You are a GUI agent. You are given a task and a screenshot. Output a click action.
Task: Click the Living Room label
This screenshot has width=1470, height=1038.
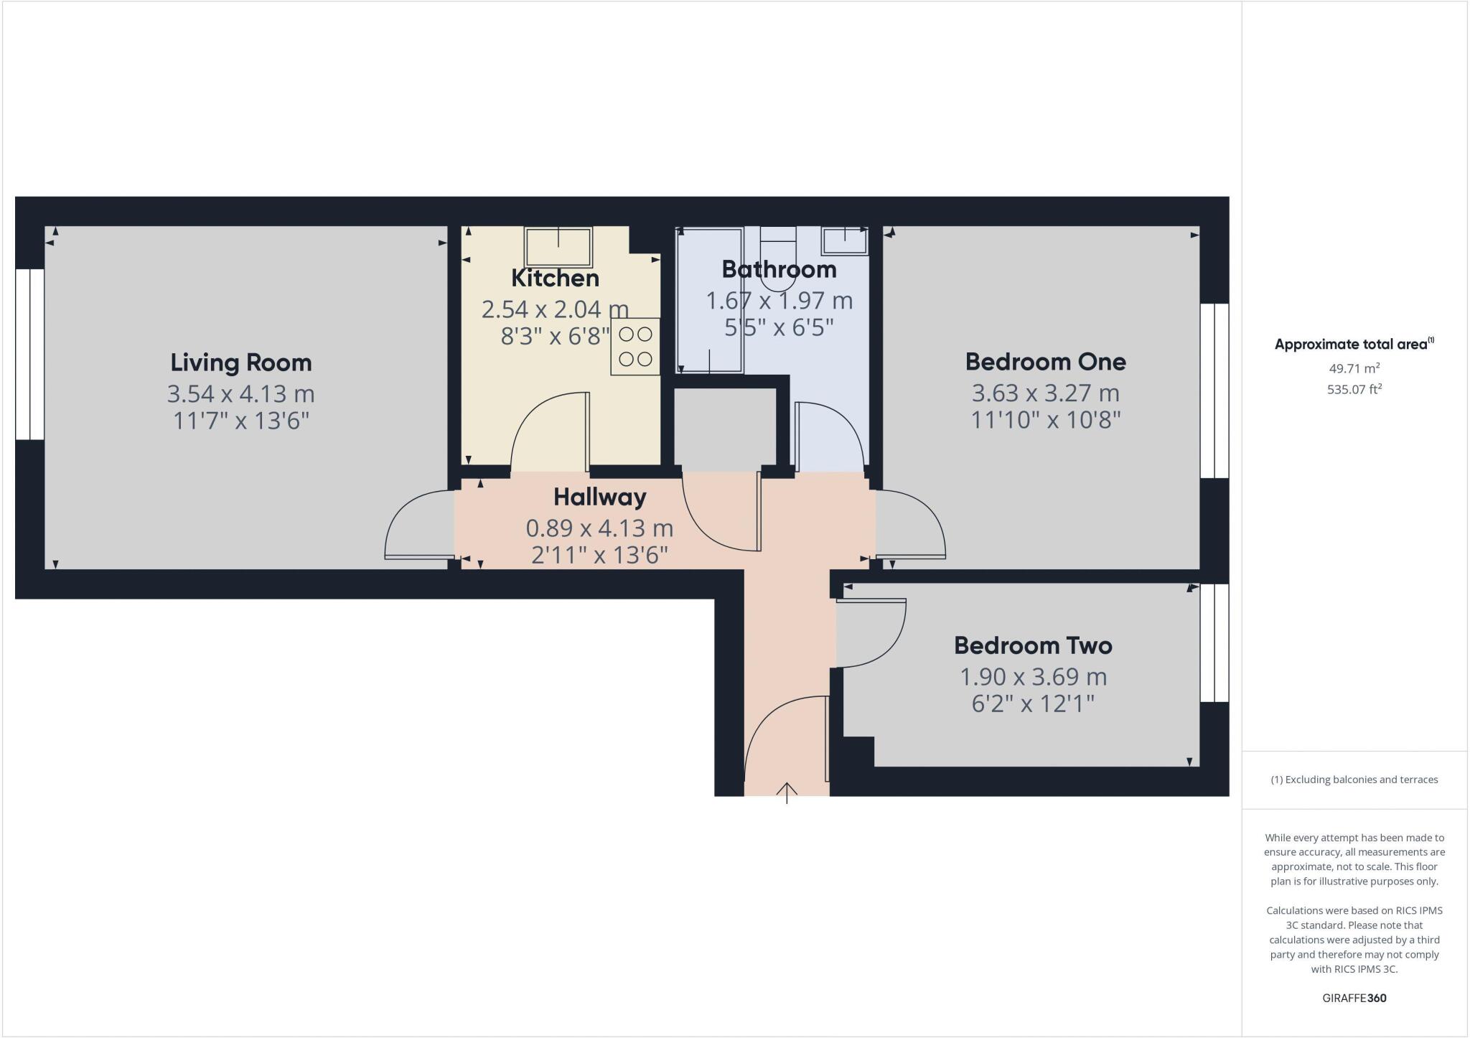pos(241,363)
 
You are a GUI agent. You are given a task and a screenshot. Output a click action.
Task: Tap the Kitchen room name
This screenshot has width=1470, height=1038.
pos(555,278)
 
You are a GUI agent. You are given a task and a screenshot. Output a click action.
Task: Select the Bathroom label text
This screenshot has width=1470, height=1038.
pos(779,269)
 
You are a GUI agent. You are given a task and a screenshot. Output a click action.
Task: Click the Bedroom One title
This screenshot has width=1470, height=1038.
pos(1045,361)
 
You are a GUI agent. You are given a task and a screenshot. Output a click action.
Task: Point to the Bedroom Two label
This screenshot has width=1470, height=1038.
pos(1033,645)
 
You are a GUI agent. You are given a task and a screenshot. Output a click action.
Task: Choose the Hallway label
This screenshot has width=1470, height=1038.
pos(599,497)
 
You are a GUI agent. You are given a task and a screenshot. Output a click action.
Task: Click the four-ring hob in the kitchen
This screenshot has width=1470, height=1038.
pos(635,346)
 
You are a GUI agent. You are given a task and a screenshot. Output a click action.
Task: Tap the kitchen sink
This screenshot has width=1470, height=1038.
pos(558,246)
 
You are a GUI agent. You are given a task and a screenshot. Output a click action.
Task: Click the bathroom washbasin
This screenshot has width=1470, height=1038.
pos(845,240)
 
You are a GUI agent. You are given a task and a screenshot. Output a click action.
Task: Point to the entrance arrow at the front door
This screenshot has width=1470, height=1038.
pos(787,792)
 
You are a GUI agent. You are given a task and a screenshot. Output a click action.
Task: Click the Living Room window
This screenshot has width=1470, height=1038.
pos(30,355)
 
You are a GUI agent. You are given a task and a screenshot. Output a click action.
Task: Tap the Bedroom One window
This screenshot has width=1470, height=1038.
pos(1214,391)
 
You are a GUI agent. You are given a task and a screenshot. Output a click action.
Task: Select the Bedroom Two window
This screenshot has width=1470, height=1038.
pos(1214,642)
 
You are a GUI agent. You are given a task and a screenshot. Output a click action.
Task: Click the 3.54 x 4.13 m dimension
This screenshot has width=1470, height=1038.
pos(241,393)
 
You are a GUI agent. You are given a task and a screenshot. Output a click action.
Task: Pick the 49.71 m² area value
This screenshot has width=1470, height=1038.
pos(1354,368)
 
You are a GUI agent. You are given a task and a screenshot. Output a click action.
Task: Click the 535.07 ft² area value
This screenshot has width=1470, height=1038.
pos(1354,390)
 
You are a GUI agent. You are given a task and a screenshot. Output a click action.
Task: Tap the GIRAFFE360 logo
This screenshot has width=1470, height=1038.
pos(1354,998)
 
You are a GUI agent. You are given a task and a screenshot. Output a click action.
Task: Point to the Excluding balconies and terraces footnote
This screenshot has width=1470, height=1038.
pos(1354,780)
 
